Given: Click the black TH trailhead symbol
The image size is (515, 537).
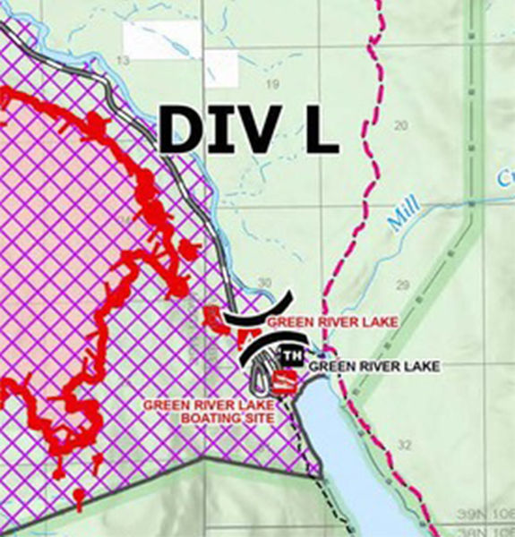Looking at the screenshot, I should point(291,356).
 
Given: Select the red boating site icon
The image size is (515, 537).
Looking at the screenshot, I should point(284,383).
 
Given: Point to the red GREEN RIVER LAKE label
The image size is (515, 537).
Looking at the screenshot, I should point(320,320).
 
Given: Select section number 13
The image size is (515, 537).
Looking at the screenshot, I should point(123,59).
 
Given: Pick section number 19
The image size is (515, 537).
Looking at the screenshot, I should point(273,84).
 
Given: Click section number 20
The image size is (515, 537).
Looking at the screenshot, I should point(400,124).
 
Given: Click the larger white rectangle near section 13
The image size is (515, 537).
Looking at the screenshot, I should point(162,40).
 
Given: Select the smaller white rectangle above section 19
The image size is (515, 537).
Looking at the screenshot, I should point(221,68).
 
